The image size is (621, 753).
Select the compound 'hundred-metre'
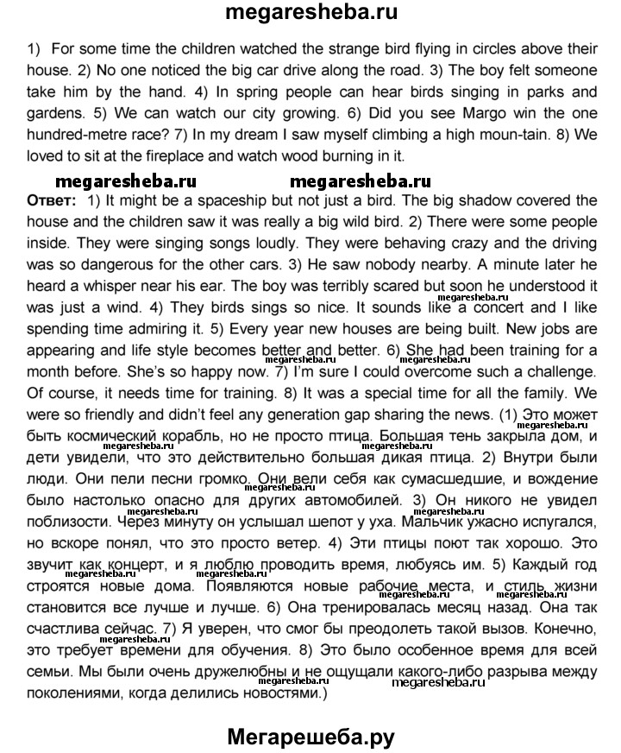(73, 134)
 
